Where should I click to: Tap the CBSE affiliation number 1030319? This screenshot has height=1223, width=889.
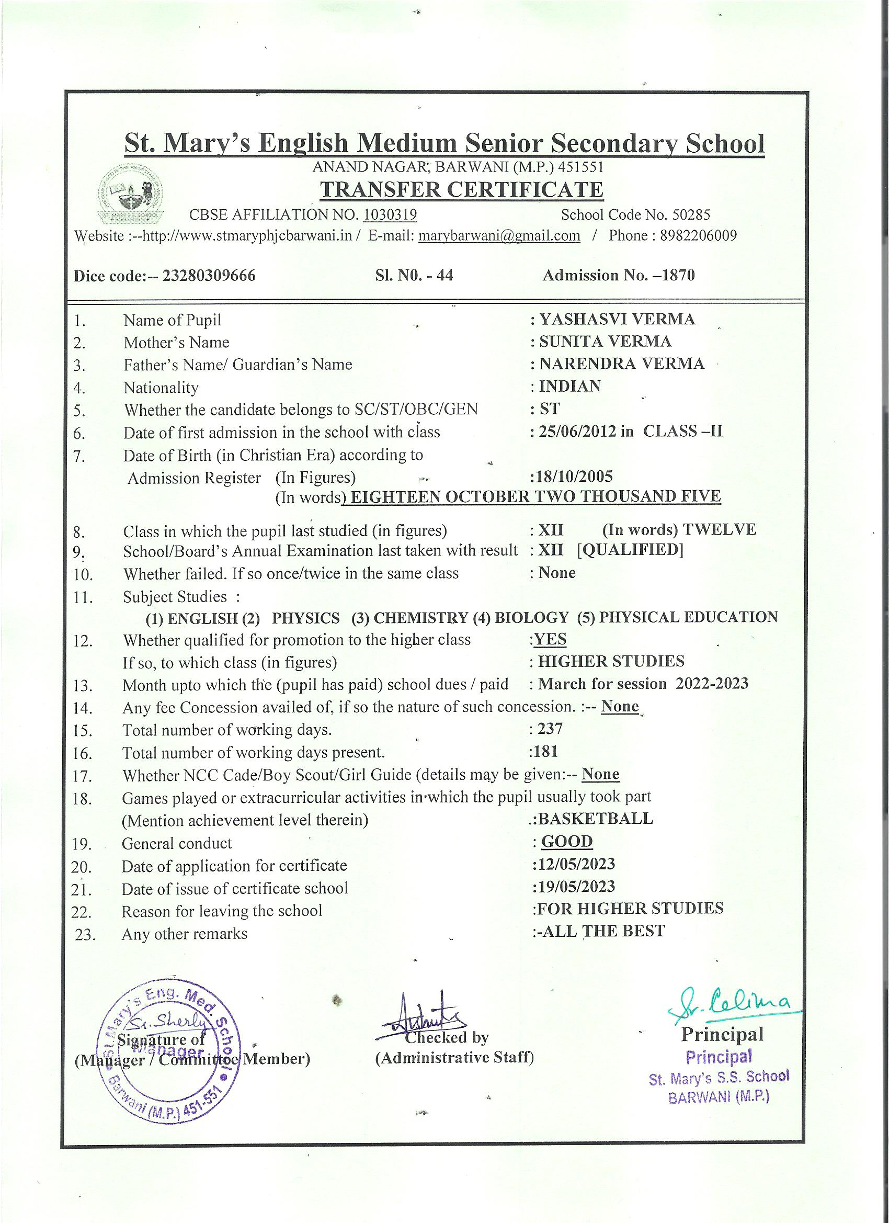390,215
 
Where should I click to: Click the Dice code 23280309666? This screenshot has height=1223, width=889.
209,276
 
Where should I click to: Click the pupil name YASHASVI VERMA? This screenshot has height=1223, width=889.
617,319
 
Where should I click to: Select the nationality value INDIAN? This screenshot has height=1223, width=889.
570,386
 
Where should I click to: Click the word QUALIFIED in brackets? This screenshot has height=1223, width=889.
630,550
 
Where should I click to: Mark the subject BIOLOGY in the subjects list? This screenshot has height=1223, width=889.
531,617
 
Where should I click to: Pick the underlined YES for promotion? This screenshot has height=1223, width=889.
550,640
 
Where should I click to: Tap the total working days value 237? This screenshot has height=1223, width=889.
550,729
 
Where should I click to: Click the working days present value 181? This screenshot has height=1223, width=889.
545,752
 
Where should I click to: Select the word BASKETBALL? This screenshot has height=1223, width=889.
595,819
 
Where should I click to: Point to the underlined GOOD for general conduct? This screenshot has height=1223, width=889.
567,841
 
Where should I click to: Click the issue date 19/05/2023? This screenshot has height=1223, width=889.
575,887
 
